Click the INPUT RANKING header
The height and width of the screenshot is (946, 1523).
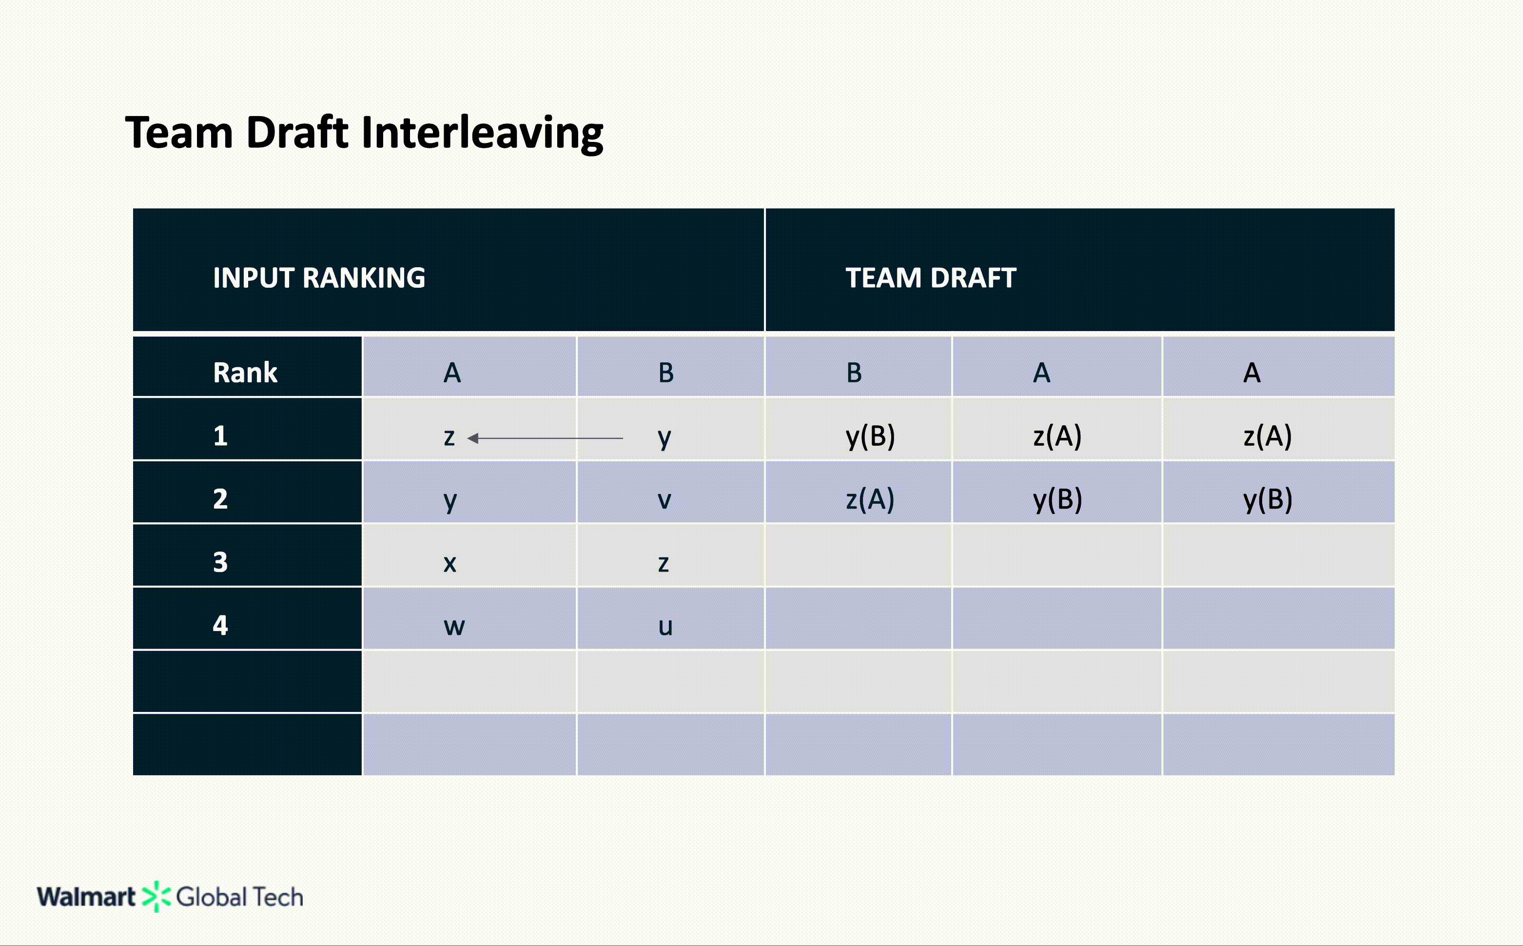[x=319, y=278]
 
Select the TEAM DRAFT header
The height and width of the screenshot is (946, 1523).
[x=931, y=278]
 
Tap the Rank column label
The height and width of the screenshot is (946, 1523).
[x=245, y=373]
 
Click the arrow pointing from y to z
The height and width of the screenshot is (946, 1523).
[x=544, y=438]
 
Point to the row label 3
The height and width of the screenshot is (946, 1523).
[x=220, y=562]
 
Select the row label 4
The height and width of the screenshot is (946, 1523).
[x=220, y=625]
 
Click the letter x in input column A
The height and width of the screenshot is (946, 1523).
[x=449, y=563]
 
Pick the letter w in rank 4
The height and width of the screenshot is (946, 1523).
[x=454, y=626]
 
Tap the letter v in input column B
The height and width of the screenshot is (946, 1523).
[x=664, y=500]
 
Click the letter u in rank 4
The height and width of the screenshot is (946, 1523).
[x=665, y=626]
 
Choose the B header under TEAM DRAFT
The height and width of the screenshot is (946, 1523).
[x=854, y=373]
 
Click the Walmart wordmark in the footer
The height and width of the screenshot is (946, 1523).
[x=86, y=897]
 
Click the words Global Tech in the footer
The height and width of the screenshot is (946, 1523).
[x=239, y=897]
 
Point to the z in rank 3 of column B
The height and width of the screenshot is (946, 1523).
[x=664, y=563]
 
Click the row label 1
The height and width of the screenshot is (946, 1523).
[x=220, y=435]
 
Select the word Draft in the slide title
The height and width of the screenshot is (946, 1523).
[x=297, y=133]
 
